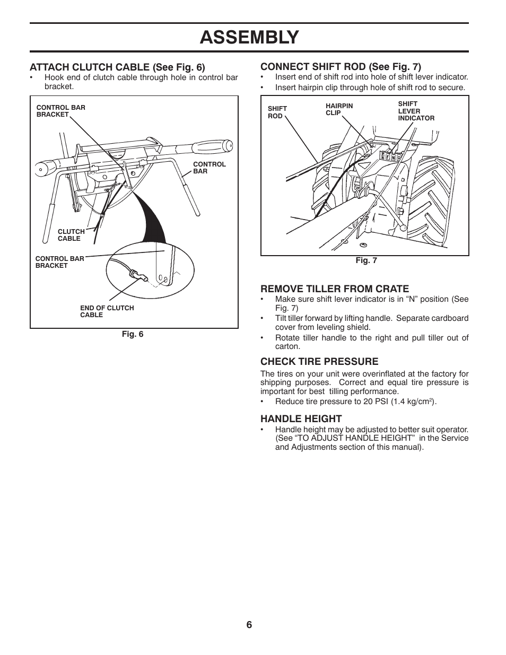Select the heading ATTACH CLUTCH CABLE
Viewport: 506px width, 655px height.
coord(117,67)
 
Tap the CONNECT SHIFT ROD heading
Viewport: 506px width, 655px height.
coord(341,67)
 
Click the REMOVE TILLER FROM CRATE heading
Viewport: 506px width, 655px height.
coord(334,289)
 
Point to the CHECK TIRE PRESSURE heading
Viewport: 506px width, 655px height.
coord(319,362)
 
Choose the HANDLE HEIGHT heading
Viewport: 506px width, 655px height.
coord(301,418)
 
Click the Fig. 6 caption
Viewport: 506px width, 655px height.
coord(134,334)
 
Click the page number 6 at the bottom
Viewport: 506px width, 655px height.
coord(249,624)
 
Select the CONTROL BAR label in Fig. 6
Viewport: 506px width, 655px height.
coord(209,168)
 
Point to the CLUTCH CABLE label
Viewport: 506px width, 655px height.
coord(71,235)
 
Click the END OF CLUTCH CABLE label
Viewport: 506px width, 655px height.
coord(107,311)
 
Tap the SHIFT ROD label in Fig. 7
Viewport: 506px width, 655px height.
coord(277,112)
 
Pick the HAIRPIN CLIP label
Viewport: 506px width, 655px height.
coord(339,109)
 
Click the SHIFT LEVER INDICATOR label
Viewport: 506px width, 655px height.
coord(416,111)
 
